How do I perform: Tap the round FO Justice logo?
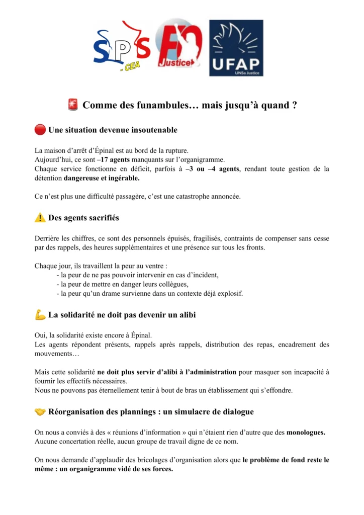pyautogui.click(x=179, y=46)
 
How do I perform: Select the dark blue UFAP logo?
pyautogui.click(x=236, y=48)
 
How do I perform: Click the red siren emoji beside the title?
pyautogui.click(x=72, y=105)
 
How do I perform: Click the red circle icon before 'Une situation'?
pyautogui.click(x=40, y=130)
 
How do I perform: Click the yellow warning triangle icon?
pyautogui.click(x=40, y=218)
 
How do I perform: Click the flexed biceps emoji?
pyautogui.click(x=40, y=315)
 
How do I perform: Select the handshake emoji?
pyautogui.click(x=40, y=412)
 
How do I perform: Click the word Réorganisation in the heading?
pyautogui.click(x=76, y=412)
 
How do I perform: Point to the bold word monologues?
pyautogui.click(x=305, y=433)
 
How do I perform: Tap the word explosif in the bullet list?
pyautogui.click(x=229, y=293)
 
